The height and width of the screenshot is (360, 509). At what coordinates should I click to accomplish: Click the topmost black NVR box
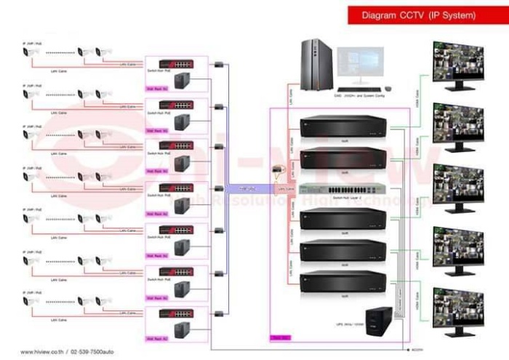(x=342, y=127)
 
